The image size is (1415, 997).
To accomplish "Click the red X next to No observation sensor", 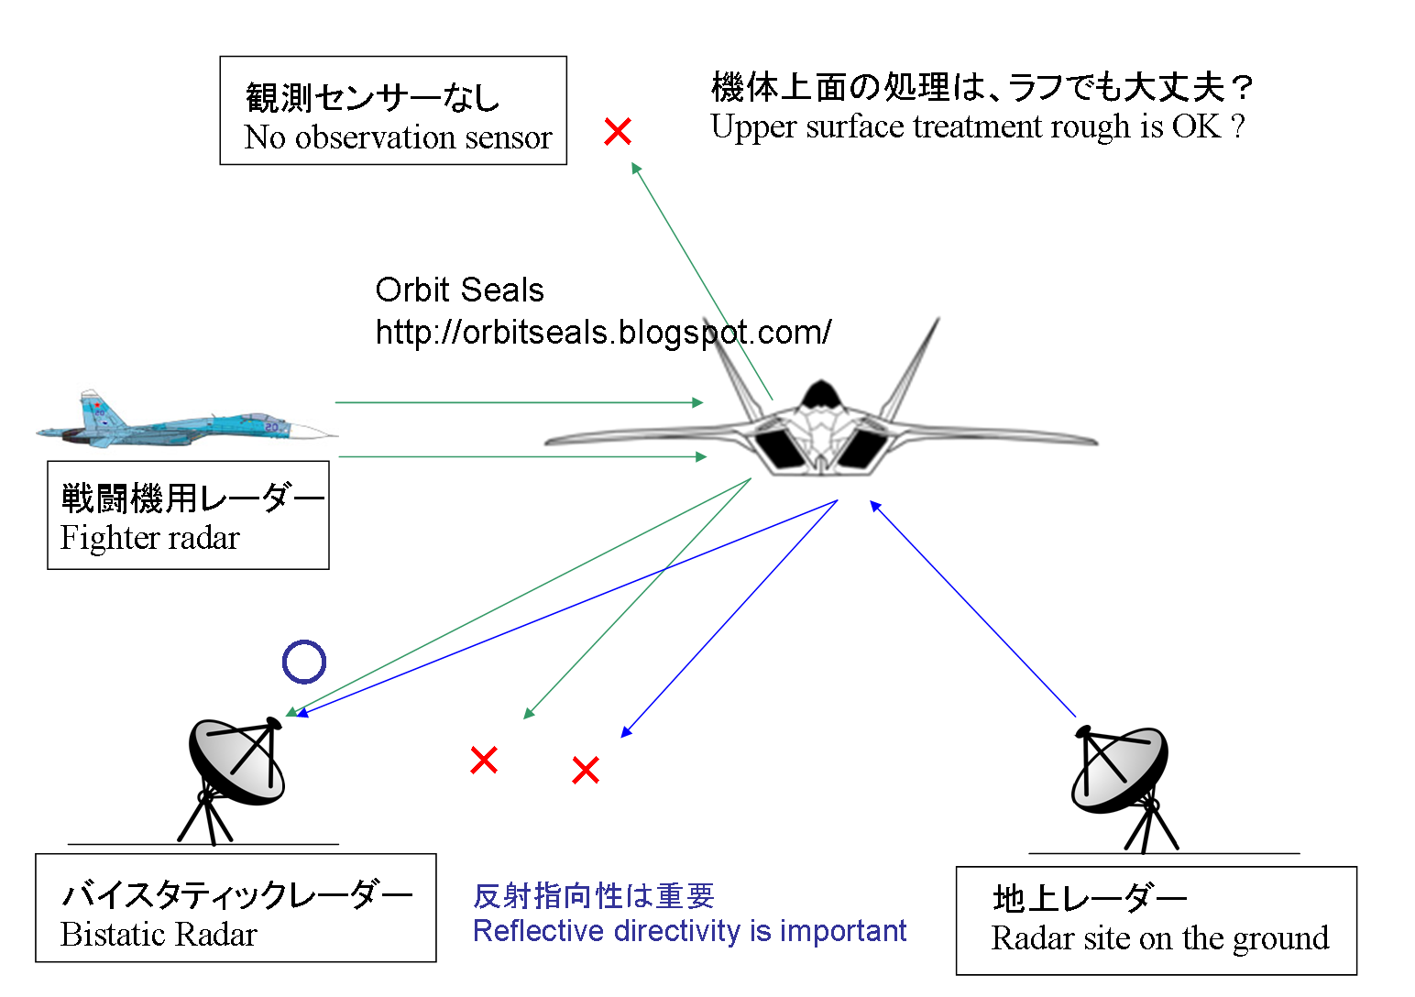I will click(x=618, y=132).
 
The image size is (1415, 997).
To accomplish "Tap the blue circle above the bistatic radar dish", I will click(x=304, y=662).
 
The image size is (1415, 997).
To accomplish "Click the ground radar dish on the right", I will click(x=1120, y=770).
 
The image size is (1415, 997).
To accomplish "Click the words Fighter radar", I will click(x=150, y=538).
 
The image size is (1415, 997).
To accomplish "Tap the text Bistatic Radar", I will click(x=159, y=935).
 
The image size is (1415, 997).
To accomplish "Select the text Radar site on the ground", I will click(x=1159, y=938).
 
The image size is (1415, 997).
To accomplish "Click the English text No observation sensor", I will click(x=398, y=137).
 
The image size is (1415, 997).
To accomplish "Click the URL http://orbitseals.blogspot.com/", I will click(x=603, y=332).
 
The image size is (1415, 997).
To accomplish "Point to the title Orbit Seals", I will click(x=459, y=290).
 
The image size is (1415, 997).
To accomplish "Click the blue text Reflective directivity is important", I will click(x=689, y=931).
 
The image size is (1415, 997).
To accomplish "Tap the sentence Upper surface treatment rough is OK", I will click(x=977, y=126).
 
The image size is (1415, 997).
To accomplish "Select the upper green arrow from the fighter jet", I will click(x=519, y=402).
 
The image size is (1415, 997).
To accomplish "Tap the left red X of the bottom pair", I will click(x=484, y=760).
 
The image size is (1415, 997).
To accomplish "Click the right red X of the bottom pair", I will click(x=586, y=770).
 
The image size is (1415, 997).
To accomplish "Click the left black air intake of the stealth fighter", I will click(x=779, y=448).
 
